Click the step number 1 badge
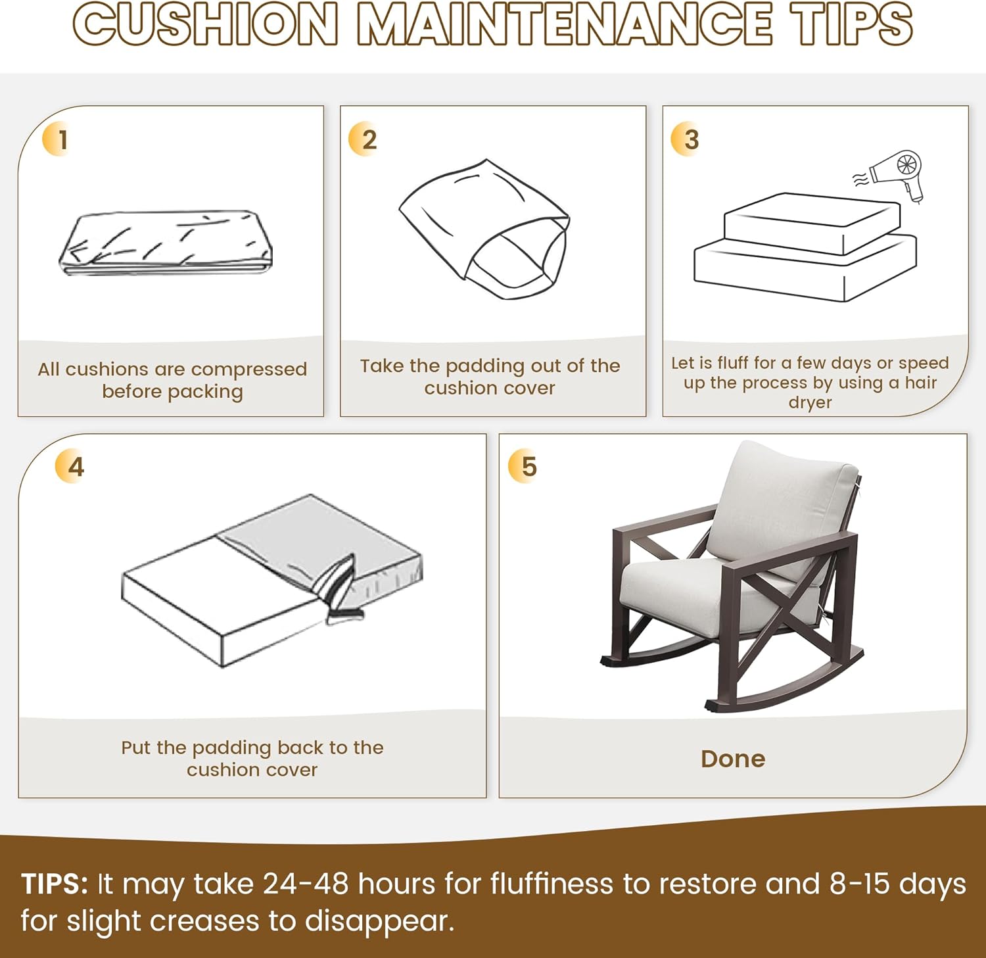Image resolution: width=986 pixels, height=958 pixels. pyautogui.click(x=57, y=139)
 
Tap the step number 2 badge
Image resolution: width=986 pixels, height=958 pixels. pyautogui.click(x=363, y=139)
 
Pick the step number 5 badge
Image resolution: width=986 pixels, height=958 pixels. pyautogui.click(x=523, y=467)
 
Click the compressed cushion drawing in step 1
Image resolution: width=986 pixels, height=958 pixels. pyautogui.click(x=166, y=242)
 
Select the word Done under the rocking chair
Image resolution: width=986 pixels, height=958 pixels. pyautogui.click(x=733, y=759)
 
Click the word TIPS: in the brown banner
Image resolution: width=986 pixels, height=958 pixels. pyautogui.click(x=54, y=884)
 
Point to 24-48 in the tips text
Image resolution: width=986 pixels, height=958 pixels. pyautogui.click(x=306, y=884)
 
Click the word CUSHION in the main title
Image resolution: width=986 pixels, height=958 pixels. pyautogui.click(x=206, y=24)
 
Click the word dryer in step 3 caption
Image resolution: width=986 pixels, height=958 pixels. pyautogui.click(x=810, y=402)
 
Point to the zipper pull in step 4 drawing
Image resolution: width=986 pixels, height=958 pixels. pyautogui.click(x=345, y=615)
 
